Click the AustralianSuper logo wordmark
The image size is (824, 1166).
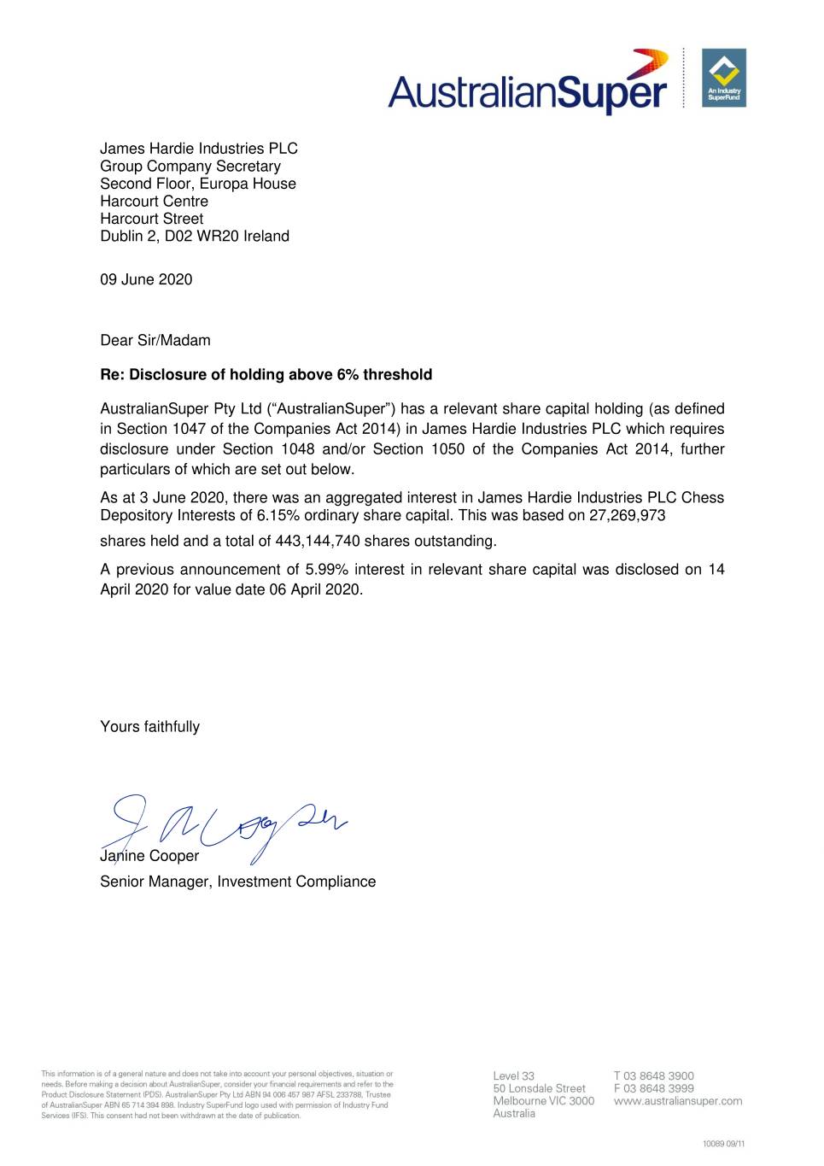(527, 91)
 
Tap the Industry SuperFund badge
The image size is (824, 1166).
(723, 78)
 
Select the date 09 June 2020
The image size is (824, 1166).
(146, 279)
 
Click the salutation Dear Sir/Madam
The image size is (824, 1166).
(155, 340)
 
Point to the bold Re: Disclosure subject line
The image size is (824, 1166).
(266, 374)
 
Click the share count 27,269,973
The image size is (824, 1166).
(627, 515)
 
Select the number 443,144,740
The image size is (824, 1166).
(318, 541)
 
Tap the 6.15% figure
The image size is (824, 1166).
(278, 515)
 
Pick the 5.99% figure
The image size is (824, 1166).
(326, 569)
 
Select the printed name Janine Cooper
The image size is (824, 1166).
(149, 856)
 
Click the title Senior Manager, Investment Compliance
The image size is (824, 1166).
(237, 882)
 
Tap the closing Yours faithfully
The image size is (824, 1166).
(149, 727)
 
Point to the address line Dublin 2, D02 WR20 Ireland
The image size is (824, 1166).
(195, 236)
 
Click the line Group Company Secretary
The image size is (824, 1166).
(190, 166)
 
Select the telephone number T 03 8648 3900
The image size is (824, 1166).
(653, 1075)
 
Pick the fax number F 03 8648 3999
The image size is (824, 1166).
(653, 1088)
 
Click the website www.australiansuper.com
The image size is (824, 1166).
(678, 1101)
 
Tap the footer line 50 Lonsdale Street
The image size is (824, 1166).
(539, 1088)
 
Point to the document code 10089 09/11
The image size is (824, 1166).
(723, 1143)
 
